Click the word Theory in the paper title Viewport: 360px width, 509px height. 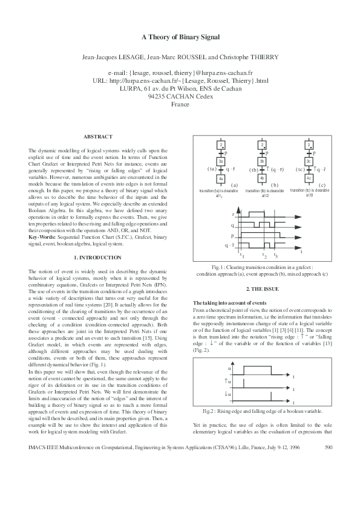tap(164, 37)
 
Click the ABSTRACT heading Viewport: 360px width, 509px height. tap(96, 137)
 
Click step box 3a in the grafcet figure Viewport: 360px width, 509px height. tap(221, 161)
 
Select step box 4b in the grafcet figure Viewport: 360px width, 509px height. tap(262, 178)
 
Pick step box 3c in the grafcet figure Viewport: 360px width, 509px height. tap(309, 161)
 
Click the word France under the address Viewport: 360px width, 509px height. tap(180, 105)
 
